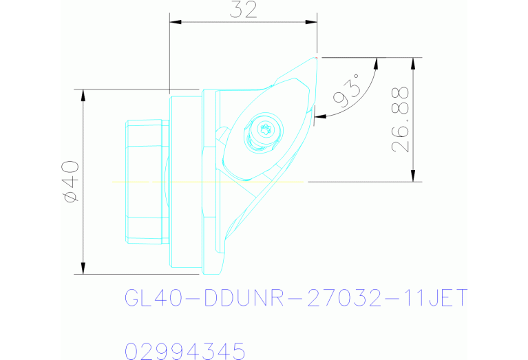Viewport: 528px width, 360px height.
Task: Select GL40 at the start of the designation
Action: pos(154,299)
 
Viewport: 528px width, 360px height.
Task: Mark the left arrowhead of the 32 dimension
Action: pos(174,23)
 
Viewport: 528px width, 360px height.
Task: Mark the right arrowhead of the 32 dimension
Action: pos(313,23)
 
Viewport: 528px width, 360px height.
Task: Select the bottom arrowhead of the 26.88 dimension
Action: pos(413,177)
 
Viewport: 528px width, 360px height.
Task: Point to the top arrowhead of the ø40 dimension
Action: pos(83,94)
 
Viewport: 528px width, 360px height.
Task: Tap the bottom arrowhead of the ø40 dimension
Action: pos(83,268)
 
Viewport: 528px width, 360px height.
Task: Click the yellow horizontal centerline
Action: pos(207,182)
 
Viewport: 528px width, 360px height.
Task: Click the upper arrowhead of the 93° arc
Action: pos(376,63)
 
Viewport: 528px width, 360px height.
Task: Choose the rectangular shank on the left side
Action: pos(146,182)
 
